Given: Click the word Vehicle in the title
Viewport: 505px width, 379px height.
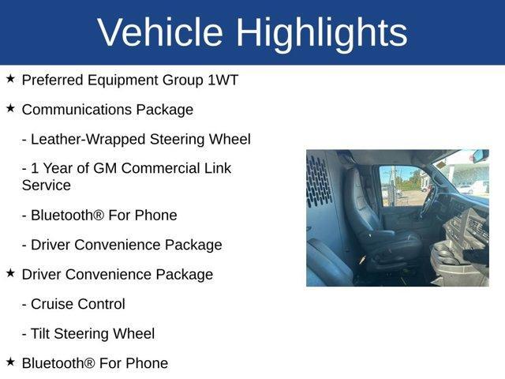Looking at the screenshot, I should pos(160,32).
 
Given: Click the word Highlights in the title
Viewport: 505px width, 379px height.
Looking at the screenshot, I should pos(321,32).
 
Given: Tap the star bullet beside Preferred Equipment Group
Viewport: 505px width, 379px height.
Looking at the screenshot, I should pos(10,79).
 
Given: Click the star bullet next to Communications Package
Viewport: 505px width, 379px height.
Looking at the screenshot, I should pos(10,108).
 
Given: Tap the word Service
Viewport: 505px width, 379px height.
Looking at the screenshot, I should pos(47,186).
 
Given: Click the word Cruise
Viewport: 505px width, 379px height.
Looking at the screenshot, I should pos(54,304).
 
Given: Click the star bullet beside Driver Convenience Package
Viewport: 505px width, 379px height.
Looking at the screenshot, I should pos(10,273).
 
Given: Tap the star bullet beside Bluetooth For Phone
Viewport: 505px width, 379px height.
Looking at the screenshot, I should pos(10,362).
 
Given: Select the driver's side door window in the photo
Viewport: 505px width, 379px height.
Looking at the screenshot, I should pos(402,186).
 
